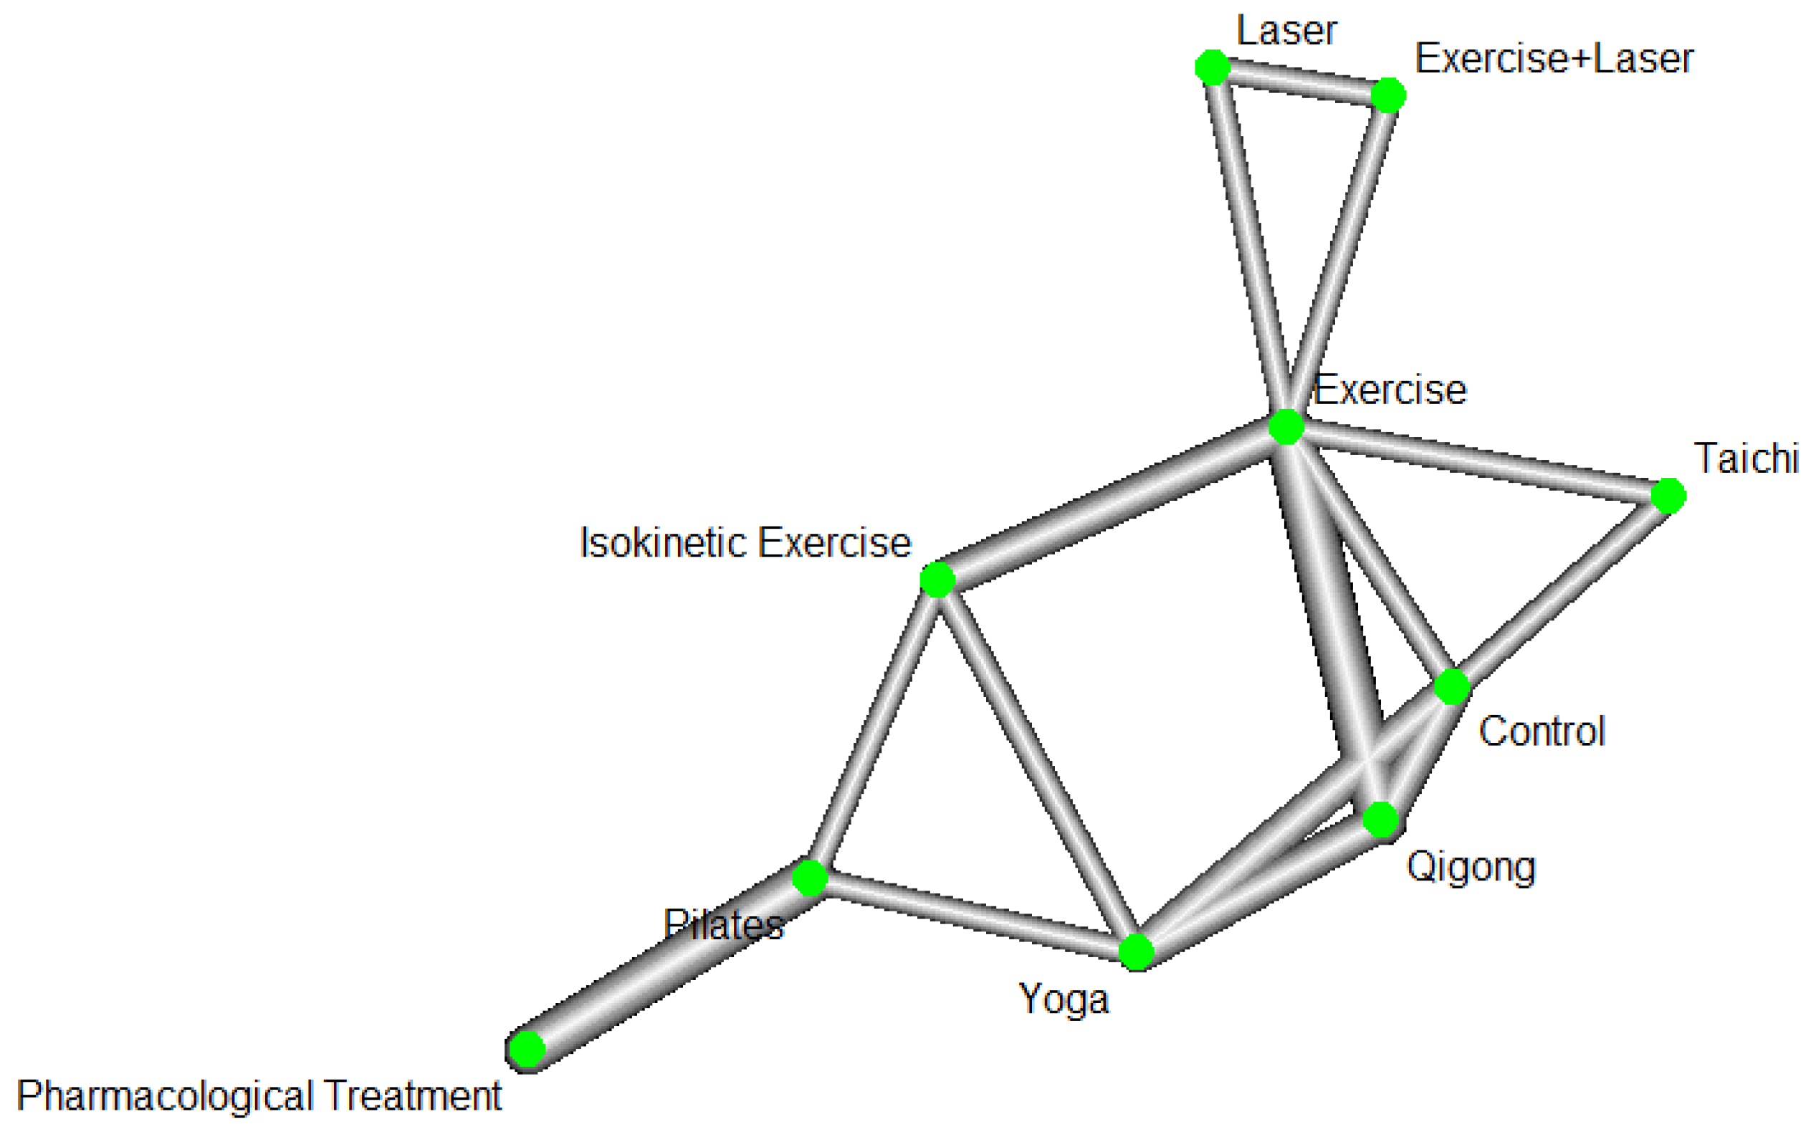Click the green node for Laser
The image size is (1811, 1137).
coord(1213,67)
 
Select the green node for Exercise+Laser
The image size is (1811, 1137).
coord(1388,95)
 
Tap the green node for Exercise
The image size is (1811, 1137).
coord(1286,426)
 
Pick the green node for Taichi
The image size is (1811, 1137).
coord(1669,496)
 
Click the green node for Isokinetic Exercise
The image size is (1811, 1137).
coord(937,580)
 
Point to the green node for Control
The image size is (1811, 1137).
coord(1452,686)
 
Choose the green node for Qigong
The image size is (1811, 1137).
coord(1381,819)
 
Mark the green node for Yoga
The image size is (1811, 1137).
coord(1137,953)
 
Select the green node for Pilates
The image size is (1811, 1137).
coord(810,878)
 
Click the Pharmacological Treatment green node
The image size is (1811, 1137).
coord(527,1049)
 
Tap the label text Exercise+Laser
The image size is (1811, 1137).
coord(1554,59)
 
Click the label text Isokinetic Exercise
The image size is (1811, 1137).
coord(745,543)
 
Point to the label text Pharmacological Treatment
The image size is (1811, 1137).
coord(259,1095)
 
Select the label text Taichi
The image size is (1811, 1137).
coord(1746,459)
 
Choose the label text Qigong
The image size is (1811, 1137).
coord(1471,867)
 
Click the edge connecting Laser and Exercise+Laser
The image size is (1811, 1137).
coord(1300,81)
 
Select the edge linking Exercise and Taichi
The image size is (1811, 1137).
coord(1478,461)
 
